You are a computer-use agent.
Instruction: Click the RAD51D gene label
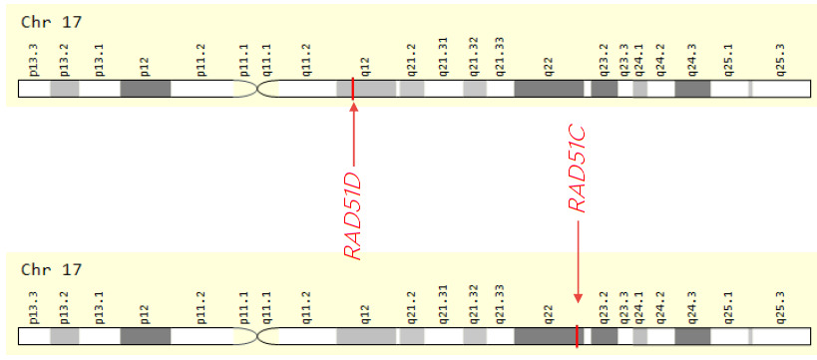coord(353,215)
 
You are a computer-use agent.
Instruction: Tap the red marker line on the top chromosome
coord(353,89)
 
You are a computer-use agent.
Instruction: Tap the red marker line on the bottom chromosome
coord(577,336)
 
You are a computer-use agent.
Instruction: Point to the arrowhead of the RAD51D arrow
coord(353,106)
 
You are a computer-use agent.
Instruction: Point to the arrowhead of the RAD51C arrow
coord(577,300)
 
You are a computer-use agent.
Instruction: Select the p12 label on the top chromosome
coord(146,66)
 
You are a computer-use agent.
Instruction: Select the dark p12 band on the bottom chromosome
coord(146,336)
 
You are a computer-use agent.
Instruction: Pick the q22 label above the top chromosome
coord(549,66)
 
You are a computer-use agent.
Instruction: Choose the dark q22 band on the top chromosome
coord(549,89)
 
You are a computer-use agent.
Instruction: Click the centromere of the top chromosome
coord(257,89)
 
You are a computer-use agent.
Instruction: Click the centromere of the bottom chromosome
coord(257,336)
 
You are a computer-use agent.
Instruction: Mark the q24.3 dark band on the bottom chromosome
coord(692,336)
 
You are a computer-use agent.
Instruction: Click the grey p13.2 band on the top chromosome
coord(65,89)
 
